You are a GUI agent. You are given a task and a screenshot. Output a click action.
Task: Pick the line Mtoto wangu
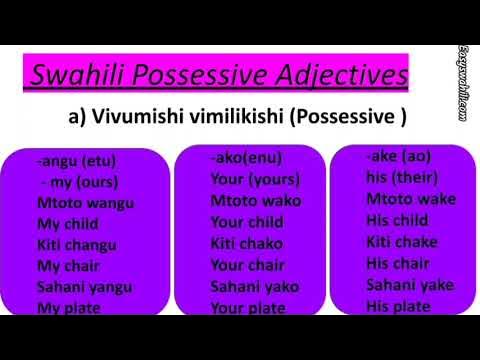(85, 203)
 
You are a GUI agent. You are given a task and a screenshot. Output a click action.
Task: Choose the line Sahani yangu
(85, 286)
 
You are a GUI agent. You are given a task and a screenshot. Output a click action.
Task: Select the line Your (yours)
(255, 180)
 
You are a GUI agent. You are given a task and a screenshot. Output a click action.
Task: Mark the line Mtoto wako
(255, 201)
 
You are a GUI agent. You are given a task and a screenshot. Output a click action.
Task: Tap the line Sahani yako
(255, 285)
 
